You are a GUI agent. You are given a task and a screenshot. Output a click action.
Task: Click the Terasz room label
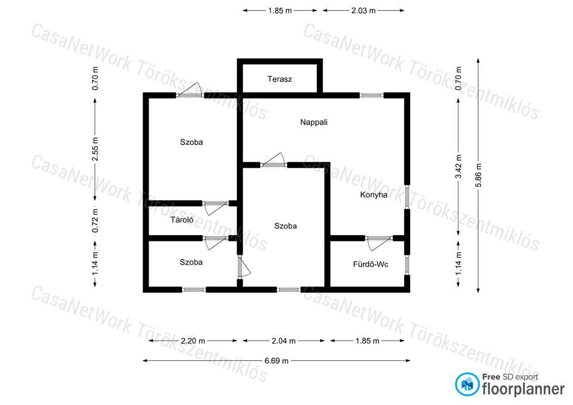279,79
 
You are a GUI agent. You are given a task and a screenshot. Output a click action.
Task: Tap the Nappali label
314,122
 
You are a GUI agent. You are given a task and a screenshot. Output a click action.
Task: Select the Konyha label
374,194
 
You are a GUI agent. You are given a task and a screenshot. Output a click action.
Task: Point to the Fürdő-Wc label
371,264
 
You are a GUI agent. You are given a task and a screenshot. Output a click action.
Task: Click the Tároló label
182,220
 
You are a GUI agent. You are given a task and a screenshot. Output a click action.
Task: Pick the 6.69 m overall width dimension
276,361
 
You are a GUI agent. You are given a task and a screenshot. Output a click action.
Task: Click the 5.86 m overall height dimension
478,175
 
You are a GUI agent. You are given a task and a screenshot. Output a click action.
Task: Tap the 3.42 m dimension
458,166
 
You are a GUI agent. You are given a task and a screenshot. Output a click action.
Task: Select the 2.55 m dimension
95,149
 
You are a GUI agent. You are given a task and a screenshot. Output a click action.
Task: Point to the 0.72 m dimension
95,220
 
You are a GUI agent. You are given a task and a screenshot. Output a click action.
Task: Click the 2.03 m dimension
363,11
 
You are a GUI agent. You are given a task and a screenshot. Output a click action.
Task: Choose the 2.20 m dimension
193,341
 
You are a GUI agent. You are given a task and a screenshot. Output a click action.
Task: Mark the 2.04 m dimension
284,341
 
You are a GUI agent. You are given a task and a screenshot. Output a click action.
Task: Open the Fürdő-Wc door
379,242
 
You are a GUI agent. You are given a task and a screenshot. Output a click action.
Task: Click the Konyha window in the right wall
407,197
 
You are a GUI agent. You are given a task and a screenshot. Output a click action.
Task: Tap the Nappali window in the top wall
371,95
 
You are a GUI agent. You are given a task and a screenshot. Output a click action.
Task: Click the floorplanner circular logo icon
467,384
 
